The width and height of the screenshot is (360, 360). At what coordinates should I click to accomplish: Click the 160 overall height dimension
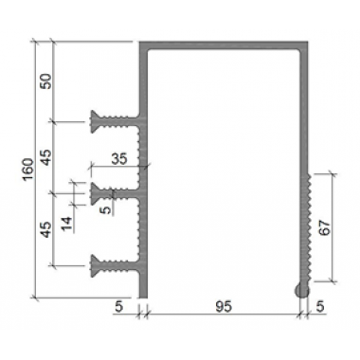point(28,170)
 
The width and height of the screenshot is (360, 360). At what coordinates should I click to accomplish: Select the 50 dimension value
point(45,81)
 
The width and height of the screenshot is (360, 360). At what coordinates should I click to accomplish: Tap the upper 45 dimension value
point(45,157)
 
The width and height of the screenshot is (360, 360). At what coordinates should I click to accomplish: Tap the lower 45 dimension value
point(45,229)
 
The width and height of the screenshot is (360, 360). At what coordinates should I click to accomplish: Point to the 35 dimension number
point(119,158)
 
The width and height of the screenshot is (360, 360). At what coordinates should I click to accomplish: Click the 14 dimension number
point(66,224)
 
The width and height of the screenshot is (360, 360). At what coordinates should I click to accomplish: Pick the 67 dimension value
point(325,227)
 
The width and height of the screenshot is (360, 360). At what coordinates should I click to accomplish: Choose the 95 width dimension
point(224,306)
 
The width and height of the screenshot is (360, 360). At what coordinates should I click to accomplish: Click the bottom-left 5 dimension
point(118,307)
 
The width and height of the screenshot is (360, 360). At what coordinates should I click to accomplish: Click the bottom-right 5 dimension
point(320,307)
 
